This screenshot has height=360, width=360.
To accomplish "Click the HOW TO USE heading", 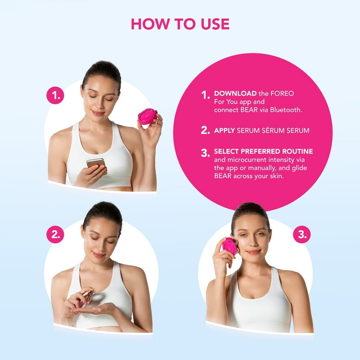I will click(180, 23).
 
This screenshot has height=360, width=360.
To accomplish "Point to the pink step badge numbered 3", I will click(301, 234).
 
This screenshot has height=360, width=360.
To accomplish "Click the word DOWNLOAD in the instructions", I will click(235, 94).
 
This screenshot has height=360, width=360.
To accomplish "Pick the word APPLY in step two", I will click(225, 131).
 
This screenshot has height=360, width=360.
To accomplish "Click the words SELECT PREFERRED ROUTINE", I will click(263, 151).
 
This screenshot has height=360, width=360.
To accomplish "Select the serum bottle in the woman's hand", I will click(88, 296).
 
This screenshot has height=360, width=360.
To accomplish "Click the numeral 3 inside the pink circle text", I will click(205, 153).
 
